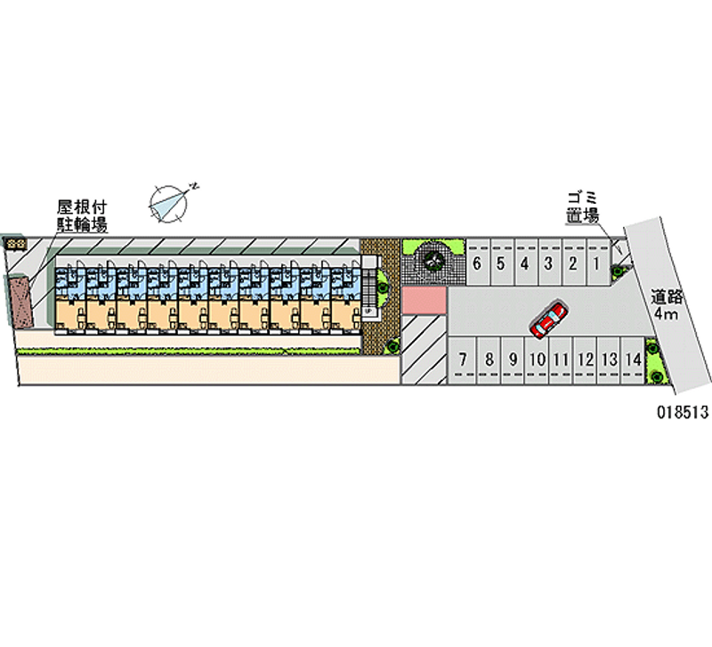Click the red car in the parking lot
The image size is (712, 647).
tap(547, 319)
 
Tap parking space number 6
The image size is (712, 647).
tap(478, 263)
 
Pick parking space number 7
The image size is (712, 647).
tap(463, 360)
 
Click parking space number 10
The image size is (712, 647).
tap(537, 360)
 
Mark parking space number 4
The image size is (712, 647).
tap(525, 263)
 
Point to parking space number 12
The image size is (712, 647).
tap(585, 360)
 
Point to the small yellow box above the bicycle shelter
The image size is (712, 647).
tap(16, 242)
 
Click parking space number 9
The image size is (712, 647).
tap(513, 360)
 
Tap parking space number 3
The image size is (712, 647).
tap(549, 263)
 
